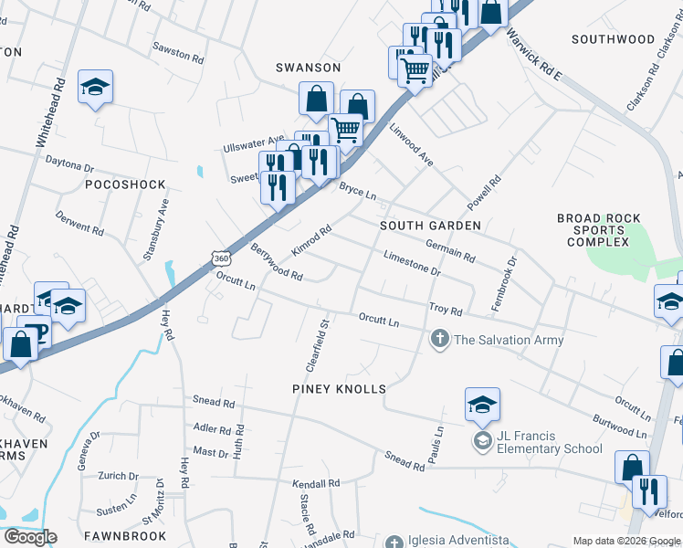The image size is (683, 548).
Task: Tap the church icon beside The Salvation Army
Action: point(439,340)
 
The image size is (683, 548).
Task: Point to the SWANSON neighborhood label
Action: point(309,68)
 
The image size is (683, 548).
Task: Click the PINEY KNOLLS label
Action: point(338,389)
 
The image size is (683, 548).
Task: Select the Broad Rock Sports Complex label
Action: point(598,230)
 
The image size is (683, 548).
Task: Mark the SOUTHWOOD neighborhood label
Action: point(613,39)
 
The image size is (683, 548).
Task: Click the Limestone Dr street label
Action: point(413,265)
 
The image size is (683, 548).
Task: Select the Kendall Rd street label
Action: point(316,483)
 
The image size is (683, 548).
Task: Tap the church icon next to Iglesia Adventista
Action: point(394,543)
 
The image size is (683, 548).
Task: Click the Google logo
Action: point(30,537)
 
